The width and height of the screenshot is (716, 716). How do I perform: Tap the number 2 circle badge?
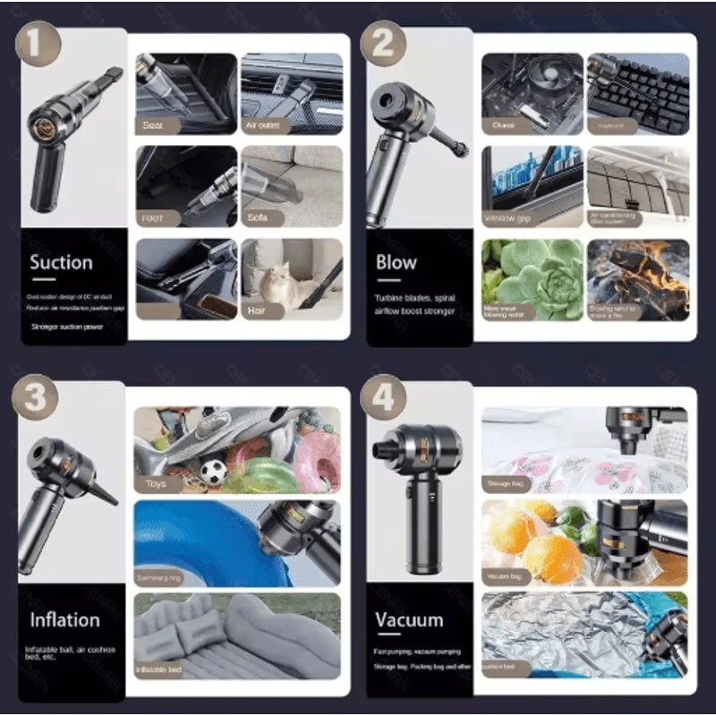pos(383,42)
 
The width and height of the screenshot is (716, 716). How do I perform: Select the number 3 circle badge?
pos(36,397)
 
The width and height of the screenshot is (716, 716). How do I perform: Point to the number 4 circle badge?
pos(384,397)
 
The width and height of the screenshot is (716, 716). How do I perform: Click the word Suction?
pos(61,263)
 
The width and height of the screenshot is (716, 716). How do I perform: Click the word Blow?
pos(396,263)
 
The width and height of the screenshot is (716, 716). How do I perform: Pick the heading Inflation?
pos(64,619)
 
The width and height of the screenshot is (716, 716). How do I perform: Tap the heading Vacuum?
pos(409,619)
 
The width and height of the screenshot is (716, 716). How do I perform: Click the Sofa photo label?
pos(258,217)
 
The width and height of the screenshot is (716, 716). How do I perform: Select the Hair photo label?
pos(256,311)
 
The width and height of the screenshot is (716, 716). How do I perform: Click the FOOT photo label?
pos(152,217)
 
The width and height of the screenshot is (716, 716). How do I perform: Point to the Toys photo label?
pos(157,484)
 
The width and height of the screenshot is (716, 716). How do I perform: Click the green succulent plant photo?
pos(532,277)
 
